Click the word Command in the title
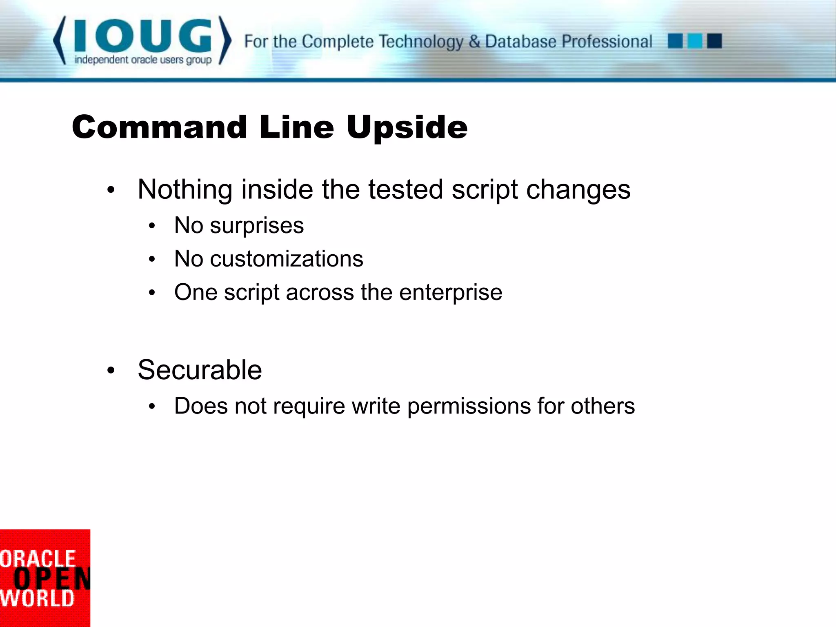[x=159, y=127]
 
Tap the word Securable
[x=200, y=370]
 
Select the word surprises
[x=257, y=225]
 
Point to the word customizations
[x=286, y=259]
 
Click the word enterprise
[x=451, y=293]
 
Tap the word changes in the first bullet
[x=578, y=190]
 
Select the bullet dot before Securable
[x=111, y=371]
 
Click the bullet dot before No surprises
[x=152, y=226]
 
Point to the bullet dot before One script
[x=152, y=293]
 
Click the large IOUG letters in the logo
[x=142, y=36]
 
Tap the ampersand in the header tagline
[x=474, y=42]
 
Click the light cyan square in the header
[x=695, y=41]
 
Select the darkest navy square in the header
[x=714, y=41]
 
